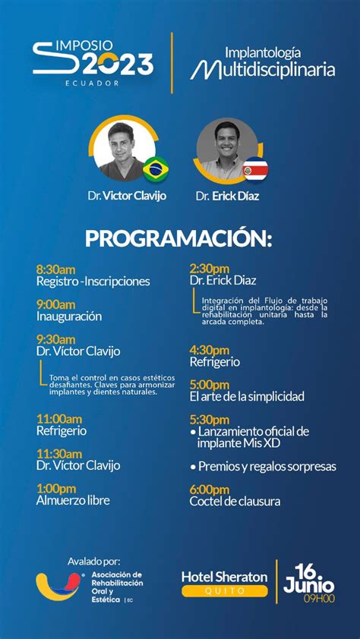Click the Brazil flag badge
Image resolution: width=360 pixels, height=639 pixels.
pos(156,168)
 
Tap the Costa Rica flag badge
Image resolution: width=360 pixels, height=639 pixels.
pos(256,169)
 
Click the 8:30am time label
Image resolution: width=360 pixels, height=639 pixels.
pos(56,269)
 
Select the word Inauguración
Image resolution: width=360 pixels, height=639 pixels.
pos(69,316)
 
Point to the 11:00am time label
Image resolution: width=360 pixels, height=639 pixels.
pos(59,419)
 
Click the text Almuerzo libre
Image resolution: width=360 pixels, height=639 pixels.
pos(73,500)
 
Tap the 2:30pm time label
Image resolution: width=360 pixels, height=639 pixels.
pos(210,269)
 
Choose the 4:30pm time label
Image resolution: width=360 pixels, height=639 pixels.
pos(210,350)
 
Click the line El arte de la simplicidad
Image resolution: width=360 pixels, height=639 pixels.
pos(247,396)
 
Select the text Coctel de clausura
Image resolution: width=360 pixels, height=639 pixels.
pos(235,501)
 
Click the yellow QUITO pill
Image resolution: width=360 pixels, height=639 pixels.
pos(225,591)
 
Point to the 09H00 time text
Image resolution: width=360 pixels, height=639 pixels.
pos(319,599)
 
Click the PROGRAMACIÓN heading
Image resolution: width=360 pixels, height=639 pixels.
pos(178,240)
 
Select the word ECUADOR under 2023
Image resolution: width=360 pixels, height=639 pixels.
pos(92,83)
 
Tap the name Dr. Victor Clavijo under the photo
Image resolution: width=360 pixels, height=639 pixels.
pos(127,196)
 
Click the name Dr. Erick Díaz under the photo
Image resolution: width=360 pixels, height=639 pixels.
pos(227,197)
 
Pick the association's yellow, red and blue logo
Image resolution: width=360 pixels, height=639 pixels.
pos(58,586)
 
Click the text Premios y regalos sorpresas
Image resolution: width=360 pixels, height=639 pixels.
pos(264,467)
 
